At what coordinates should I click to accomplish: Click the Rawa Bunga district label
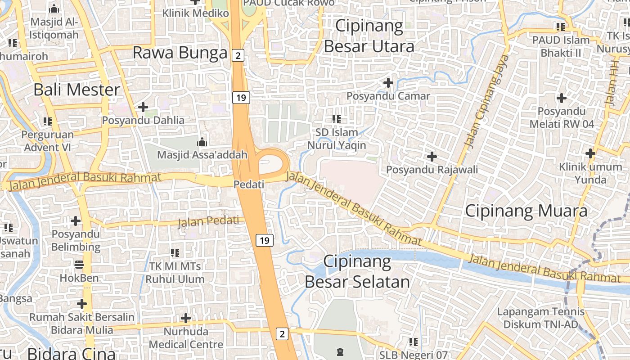click(180, 53)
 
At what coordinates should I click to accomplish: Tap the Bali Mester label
click(77, 90)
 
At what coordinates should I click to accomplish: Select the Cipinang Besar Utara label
click(369, 36)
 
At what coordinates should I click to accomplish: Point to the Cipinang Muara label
click(526, 211)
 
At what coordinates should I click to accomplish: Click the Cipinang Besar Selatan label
click(357, 272)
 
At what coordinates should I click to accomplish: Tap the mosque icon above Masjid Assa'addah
click(202, 142)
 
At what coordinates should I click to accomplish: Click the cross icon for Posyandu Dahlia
click(143, 107)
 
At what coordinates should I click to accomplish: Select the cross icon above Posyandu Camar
click(388, 83)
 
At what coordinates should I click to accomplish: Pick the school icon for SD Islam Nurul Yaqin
click(336, 119)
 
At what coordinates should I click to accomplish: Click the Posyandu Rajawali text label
click(432, 170)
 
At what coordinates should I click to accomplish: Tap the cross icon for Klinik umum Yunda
click(590, 153)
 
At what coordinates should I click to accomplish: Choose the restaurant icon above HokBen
click(79, 264)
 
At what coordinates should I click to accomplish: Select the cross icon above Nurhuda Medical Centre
click(186, 319)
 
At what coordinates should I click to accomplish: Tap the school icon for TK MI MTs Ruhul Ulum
click(175, 253)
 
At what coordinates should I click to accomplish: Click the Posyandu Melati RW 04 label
click(562, 117)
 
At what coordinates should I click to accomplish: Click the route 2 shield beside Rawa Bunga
click(238, 55)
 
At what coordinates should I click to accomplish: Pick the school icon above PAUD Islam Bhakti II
click(560, 27)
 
